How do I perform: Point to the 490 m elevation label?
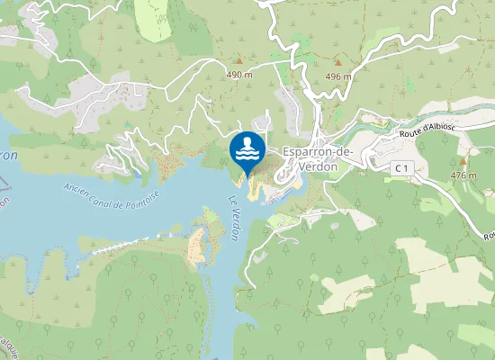point(238,75)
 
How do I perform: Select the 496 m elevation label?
point(338,76)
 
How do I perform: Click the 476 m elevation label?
point(463,175)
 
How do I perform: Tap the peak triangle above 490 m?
point(238,62)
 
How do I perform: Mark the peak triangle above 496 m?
point(338,63)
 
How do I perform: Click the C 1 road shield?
point(401,168)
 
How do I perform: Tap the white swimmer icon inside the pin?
point(247,147)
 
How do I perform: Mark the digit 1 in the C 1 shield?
point(406,168)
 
